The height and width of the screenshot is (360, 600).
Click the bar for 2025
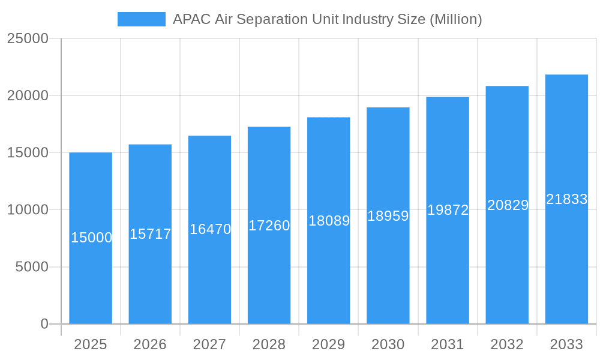pos(91,270)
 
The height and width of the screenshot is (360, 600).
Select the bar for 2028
pos(269,270)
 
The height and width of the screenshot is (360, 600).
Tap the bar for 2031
pos(448,270)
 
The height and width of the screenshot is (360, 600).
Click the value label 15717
pos(151,234)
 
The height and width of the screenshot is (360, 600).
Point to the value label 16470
pos(210,229)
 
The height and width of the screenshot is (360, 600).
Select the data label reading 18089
pos(329,221)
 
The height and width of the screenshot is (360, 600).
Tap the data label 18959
pos(388,216)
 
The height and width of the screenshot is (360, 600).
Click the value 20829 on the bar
pos(508,205)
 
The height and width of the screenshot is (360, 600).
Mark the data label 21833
pos(566,199)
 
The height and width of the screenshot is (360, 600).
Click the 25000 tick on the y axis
pos(28,38)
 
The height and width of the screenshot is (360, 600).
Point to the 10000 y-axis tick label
pos(28,210)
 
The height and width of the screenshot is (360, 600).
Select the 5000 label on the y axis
pos(31,267)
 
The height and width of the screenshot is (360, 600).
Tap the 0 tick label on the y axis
pos(44,324)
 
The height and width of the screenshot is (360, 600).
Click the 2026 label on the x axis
pos(150,344)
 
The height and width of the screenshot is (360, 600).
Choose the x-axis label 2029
pos(329,344)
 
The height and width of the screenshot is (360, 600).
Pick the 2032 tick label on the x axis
pos(507,344)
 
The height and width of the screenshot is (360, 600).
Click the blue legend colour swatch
pos(142,19)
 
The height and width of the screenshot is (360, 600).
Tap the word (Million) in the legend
pos(455,19)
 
